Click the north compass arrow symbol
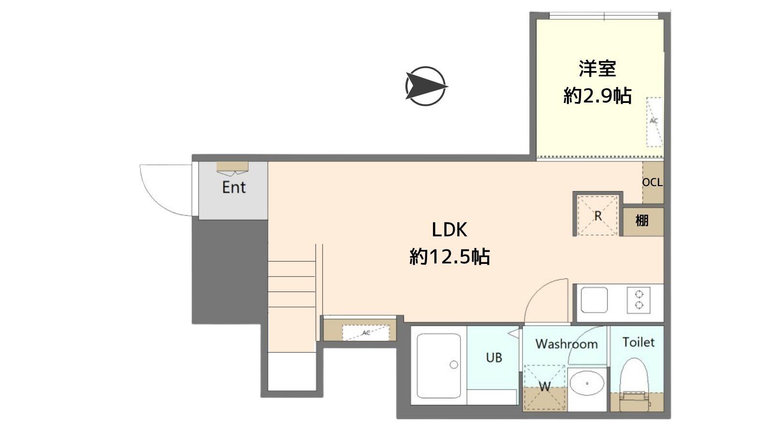(426, 86)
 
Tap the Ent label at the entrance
(234, 187)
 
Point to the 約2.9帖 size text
(597, 96)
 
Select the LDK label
(449, 230)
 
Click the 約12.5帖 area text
(449, 257)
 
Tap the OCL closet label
(653, 182)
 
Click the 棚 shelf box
(643, 221)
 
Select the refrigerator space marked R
(597, 216)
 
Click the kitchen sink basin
(594, 300)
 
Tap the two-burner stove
(639, 300)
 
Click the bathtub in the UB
(439, 365)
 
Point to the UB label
(494, 358)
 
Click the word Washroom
(566, 344)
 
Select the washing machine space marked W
(545, 387)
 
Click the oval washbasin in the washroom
(587, 383)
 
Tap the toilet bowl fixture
(634, 384)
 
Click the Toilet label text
(638, 342)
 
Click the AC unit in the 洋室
(655, 122)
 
